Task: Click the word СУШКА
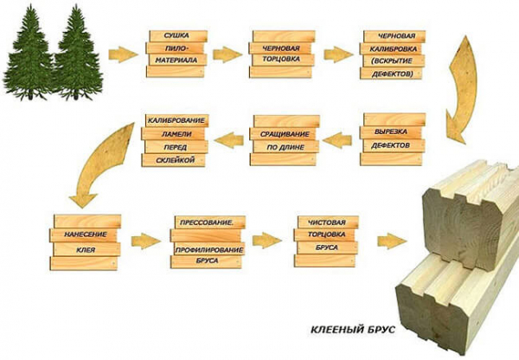click(x=176, y=35)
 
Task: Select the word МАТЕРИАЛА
click(x=176, y=61)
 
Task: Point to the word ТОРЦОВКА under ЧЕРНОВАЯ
click(x=281, y=59)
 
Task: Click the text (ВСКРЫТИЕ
click(x=392, y=61)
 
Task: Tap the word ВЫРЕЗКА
click(x=391, y=132)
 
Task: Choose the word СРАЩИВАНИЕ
click(x=285, y=134)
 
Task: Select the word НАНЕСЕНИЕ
click(x=86, y=235)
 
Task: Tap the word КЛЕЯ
click(x=86, y=250)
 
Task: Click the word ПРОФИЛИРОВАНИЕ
click(x=208, y=250)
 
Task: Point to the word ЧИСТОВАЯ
click(x=326, y=222)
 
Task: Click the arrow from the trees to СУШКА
click(x=123, y=55)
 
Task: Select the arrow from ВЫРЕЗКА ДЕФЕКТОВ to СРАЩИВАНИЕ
click(x=336, y=140)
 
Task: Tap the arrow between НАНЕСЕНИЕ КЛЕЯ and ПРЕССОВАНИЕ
click(x=145, y=241)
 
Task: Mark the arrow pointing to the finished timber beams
click(x=392, y=241)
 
